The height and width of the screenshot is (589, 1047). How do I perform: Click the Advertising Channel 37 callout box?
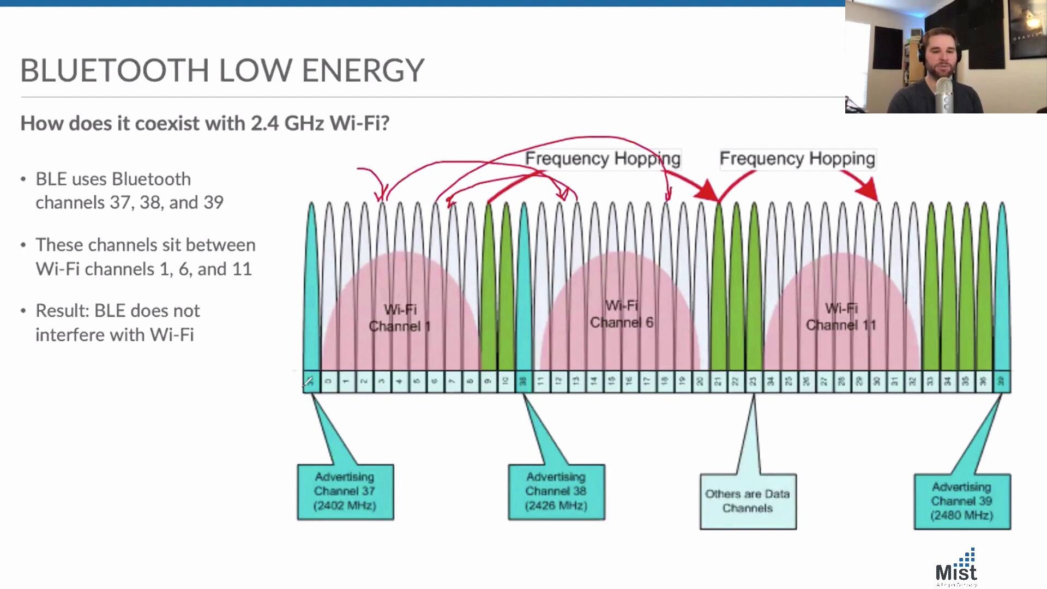[345, 492]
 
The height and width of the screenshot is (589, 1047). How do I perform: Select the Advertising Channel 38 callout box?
[556, 492]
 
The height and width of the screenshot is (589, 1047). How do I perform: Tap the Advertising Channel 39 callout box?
[962, 501]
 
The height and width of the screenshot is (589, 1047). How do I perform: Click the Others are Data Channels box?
[748, 501]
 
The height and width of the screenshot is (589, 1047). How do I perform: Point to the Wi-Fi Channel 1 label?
[400, 318]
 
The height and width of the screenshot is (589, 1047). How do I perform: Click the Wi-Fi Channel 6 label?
[621, 314]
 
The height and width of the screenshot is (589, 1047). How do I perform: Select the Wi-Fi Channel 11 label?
[841, 317]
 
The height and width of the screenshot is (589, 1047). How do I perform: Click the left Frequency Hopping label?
[603, 159]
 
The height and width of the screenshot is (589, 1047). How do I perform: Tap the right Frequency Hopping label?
[797, 159]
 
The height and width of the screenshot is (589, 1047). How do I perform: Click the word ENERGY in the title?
[363, 70]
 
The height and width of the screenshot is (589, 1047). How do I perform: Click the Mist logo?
[956, 568]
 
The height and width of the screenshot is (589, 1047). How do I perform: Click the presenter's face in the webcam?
[940, 57]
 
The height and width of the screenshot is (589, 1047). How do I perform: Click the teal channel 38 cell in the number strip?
[523, 382]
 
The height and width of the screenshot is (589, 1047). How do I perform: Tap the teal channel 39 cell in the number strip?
[1001, 382]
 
